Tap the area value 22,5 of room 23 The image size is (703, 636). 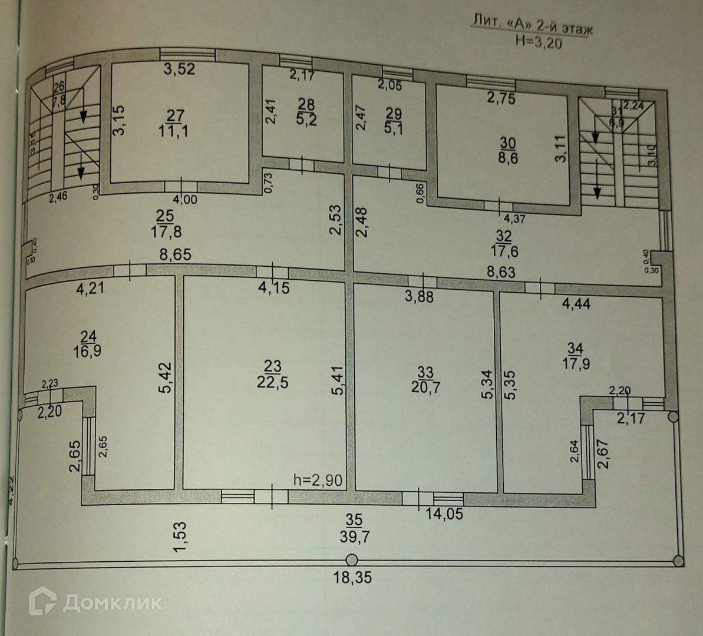(273, 382)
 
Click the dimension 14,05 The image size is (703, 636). (444, 513)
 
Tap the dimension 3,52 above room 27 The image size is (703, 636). (179, 69)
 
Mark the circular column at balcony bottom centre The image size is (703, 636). (351, 560)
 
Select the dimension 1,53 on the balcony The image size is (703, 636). (179, 536)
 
